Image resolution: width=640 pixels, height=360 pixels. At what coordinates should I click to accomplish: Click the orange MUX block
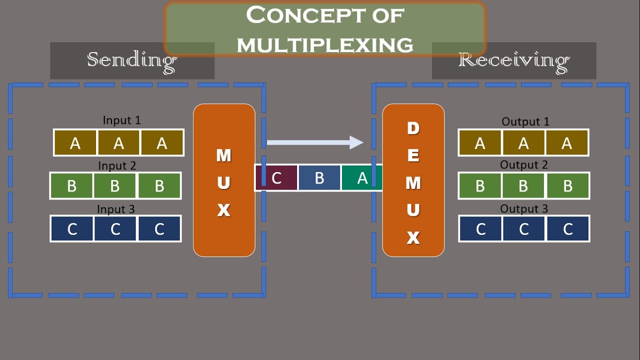[224, 180]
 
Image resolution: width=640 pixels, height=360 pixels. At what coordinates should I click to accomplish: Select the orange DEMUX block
[413, 180]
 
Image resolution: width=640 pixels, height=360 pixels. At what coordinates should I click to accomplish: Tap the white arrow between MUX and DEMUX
[315, 142]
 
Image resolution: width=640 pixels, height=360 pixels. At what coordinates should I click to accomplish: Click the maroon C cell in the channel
[276, 178]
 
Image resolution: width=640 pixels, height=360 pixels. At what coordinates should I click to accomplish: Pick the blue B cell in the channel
[319, 178]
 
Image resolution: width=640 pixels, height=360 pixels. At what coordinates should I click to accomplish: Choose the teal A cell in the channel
[361, 178]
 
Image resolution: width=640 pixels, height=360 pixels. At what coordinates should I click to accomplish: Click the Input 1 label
[121, 120]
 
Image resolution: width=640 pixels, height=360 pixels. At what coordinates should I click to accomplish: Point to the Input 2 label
[117, 165]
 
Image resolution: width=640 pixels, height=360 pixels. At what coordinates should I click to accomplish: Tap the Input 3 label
[116, 209]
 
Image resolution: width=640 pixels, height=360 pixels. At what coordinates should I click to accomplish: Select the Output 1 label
[525, 121]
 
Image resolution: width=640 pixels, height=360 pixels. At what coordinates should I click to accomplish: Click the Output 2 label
[524, 165]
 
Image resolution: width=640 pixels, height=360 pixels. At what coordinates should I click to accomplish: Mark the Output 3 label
[524, 209]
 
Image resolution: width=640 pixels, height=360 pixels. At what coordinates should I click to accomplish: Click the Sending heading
[132, 60]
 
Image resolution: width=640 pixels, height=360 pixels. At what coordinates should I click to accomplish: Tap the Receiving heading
[513, 60]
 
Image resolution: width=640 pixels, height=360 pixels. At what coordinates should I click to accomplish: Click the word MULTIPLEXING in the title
[325, 45]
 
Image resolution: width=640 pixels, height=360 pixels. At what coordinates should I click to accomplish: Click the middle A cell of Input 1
[118, 143]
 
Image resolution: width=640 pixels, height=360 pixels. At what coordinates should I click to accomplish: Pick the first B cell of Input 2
[71, 186]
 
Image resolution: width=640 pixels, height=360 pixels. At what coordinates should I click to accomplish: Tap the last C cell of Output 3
[567, 229]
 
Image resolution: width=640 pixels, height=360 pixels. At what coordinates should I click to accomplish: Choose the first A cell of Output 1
[480, 143]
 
